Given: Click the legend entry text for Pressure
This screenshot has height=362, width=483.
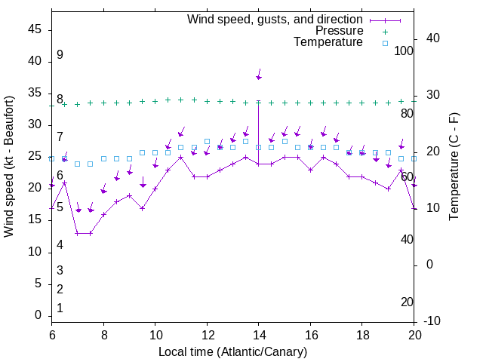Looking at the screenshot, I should click(x=339, y=31).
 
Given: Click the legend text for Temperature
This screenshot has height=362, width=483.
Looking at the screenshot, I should click(x=328, y=42).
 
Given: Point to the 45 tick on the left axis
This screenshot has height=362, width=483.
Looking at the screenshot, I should click(x=35, y=29).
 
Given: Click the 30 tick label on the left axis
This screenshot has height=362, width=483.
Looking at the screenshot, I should click(x=35, y=124).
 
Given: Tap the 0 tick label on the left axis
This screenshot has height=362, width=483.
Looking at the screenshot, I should click(x=38, y=315).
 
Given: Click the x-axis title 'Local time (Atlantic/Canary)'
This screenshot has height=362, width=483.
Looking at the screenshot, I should click(x=232, y=351).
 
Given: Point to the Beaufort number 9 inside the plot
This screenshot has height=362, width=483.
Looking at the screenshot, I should click(x=60, y=55).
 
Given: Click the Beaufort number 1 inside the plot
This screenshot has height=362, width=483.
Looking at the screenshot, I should click(x=60, y=308).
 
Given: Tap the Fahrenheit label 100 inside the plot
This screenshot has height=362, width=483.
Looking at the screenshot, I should click(x=405, y=51).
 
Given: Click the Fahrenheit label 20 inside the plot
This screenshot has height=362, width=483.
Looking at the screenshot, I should click(x=408, y=302).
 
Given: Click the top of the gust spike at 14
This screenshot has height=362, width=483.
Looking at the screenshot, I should click(x=259, y=101).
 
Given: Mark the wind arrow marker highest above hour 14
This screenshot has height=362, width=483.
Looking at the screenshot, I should click(x=259, y=77).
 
